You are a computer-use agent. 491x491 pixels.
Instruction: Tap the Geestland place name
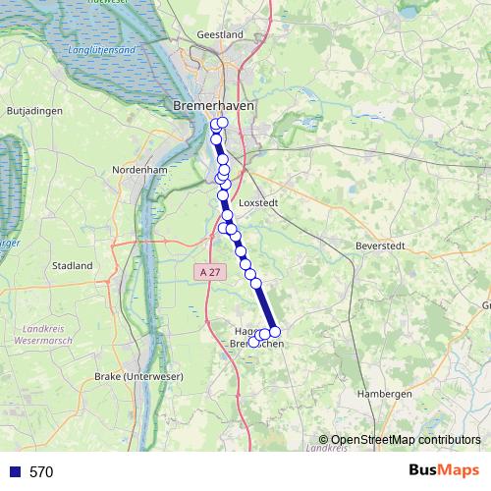(x=219, y=34)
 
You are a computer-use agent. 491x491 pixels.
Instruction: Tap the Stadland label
(x=72, y=265)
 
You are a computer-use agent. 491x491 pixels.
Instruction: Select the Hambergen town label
(x=385, y=393)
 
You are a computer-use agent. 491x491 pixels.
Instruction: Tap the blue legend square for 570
(x=14, y=472)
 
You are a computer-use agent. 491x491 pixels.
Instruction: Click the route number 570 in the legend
(x=41, y=472)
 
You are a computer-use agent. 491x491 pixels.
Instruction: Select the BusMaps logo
(x=444, y=471)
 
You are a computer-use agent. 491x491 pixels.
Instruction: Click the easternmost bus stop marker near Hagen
(x=275, y=332)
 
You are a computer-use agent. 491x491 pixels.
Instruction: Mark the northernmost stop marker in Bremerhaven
(x=223, y=123)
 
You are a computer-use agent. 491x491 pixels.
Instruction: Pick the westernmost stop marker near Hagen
(x=253, y=342)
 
